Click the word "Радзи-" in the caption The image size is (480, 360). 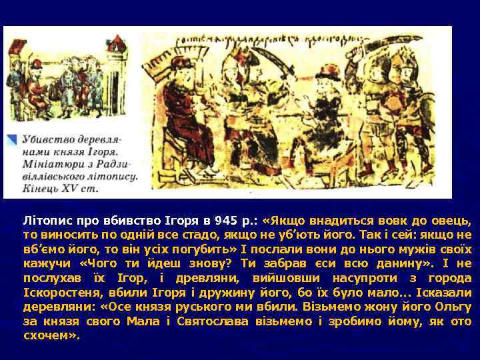click(x=120, y=165)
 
